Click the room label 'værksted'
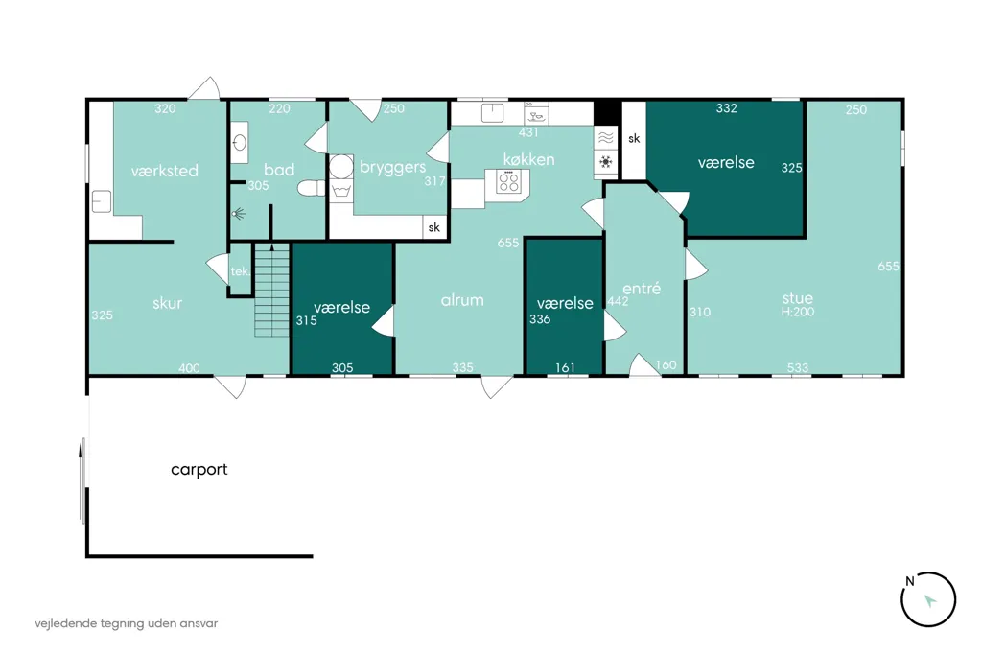(x=165, y=171)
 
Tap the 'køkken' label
(x=528, y=160)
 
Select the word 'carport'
(x=199, y=470)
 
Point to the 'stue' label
(x=797, y=298)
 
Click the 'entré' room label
(x=642, y=288)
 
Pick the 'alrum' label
(x=462, y=300)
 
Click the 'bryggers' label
(x=392, y=167)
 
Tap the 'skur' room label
(x=167, y=303)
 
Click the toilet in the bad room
(x=312, y=188)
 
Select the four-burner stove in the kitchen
(x=508, y=182)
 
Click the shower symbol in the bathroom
(x=239, y=214)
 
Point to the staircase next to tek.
(x=271, y=290)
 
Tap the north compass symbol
(x=928, y=599)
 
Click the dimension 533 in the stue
(x=797, y=367)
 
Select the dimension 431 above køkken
(x=528, y=132)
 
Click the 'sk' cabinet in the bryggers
(x=434, y=227)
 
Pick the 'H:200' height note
(x=797, y=312)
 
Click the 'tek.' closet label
(x=241, y=271)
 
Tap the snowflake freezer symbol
(x=606, y=162)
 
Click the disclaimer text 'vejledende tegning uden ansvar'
(x=127, y=623)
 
